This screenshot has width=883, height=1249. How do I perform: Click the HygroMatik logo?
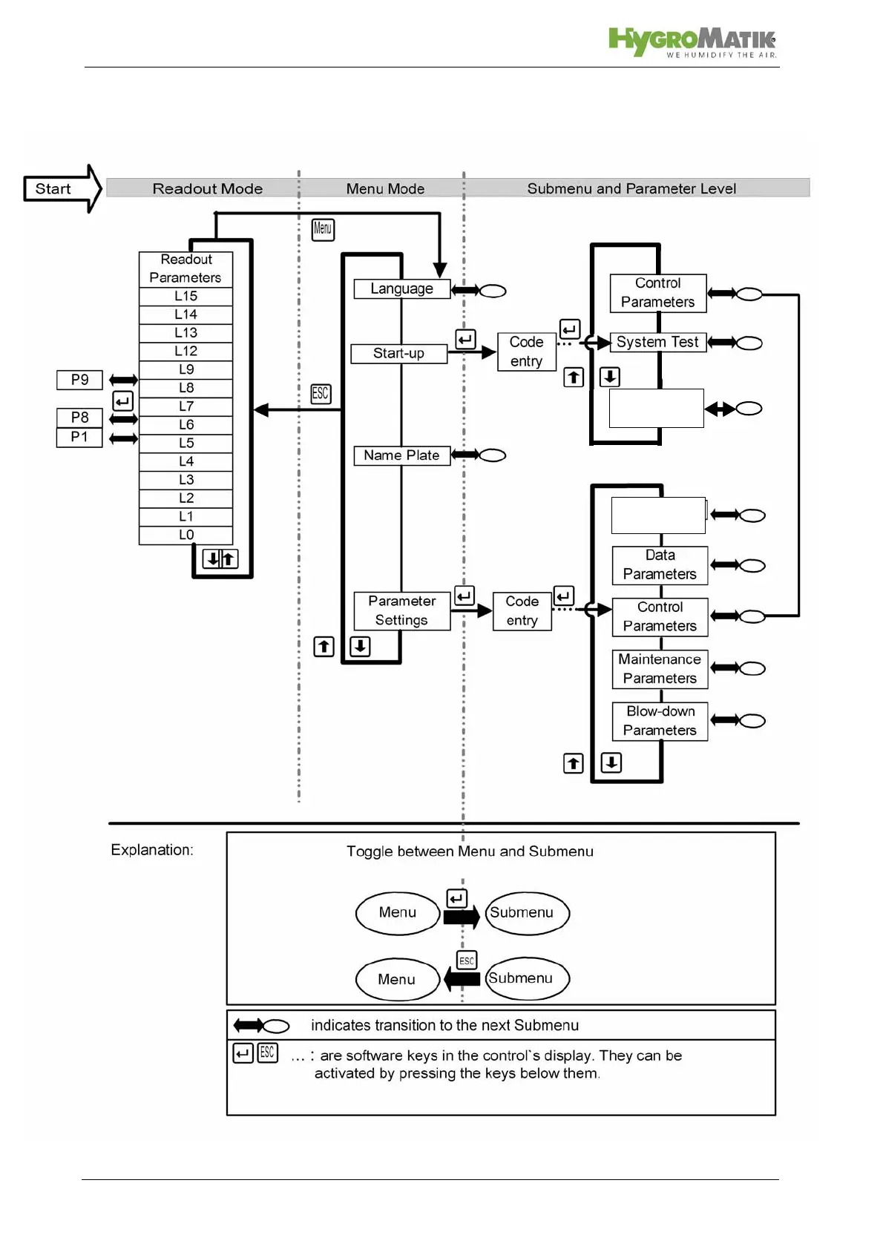[x=692, y=42]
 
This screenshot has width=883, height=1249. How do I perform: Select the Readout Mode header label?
[x=207, y=188]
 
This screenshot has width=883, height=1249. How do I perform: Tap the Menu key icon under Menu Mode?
[x=323, y=229]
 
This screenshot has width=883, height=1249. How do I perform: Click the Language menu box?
[x=401, y=289]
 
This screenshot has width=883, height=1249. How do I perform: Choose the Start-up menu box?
[x=398, y=353]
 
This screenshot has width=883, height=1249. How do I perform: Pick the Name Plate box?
[x=401, y=455]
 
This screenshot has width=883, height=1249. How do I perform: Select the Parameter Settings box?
[x=401, y=610]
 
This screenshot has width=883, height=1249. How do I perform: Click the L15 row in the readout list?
[x=186, y=296]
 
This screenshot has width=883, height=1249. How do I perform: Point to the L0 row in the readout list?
[x=186, y=535]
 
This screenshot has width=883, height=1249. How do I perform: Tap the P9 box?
[x=79, y=380]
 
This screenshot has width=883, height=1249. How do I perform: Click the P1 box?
[x=79, y=437]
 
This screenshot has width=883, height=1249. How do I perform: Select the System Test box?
[x=657, y=342]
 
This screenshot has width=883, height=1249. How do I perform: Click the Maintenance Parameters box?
[x=660, y=668]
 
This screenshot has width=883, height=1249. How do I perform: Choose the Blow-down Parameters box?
[x=660, y=720]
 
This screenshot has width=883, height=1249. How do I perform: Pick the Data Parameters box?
[x=660, y=564]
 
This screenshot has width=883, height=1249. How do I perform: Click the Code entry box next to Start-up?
[x=526, y=352]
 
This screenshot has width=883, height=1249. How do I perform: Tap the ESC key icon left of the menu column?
[x=321, y=394]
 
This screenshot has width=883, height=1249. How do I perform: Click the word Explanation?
[x=152, y=850]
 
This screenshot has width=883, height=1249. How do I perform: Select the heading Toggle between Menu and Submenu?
[x=470, y=851]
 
